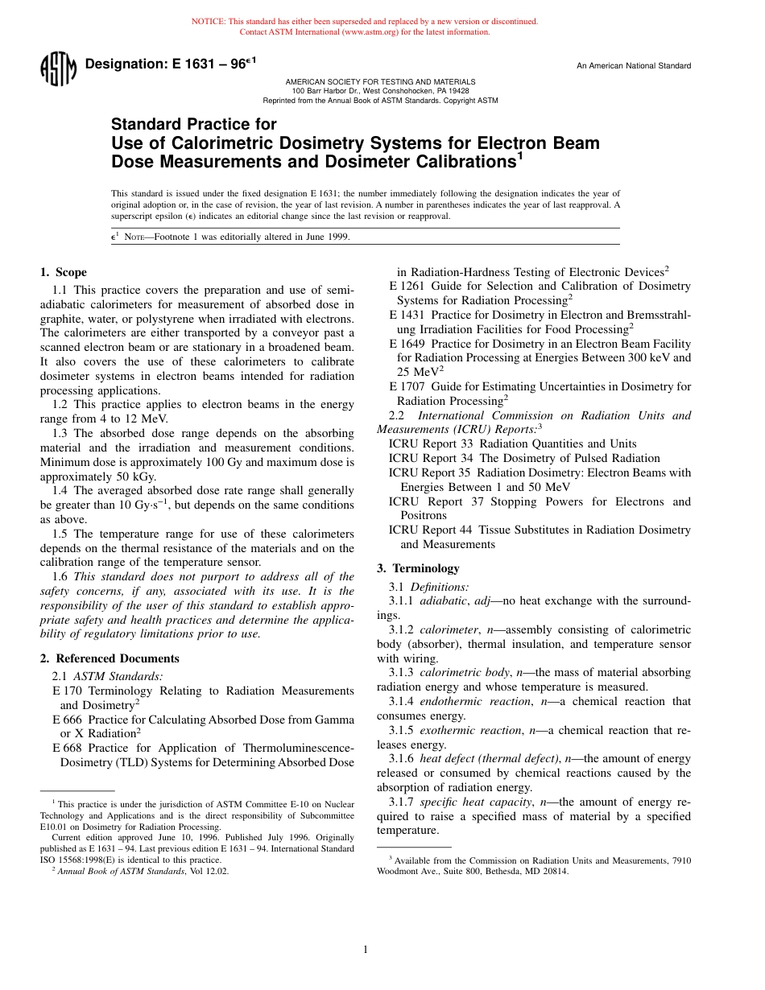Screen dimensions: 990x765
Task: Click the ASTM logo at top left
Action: pos(57,68)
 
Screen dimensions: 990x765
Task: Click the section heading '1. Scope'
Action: pos(64,272)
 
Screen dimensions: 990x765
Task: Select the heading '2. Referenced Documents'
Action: pos(110,658)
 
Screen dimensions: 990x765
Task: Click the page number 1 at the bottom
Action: pos(365,950)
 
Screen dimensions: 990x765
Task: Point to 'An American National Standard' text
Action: pos(633,66)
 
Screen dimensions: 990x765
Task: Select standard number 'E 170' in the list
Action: pos(68,691)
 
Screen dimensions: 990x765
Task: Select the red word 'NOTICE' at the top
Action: pos(206,22)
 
